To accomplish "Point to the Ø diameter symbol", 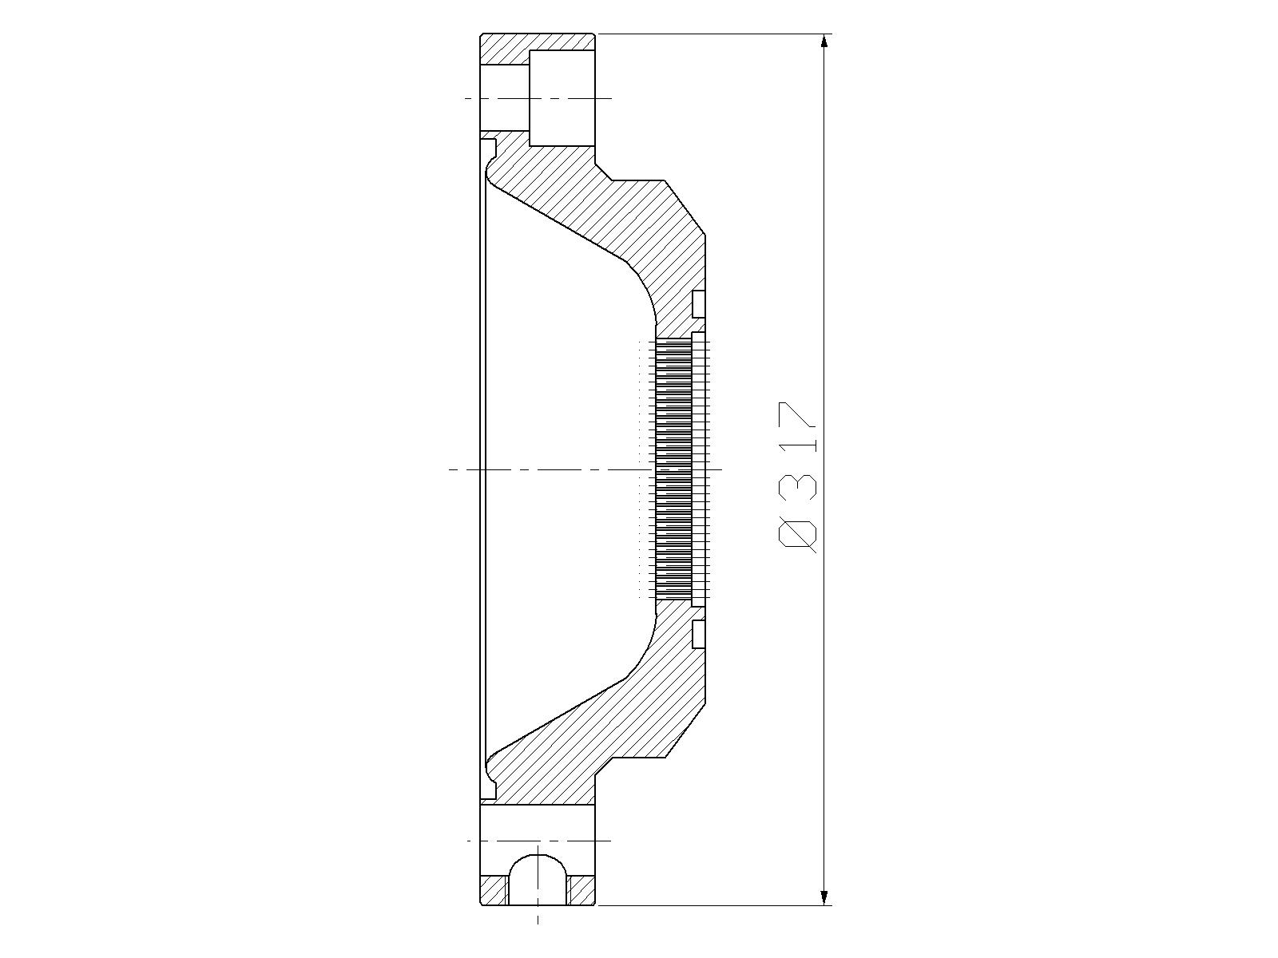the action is pyautogui.click(x=797, y=533).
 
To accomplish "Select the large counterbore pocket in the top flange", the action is pyautogui.click(x=562, y=97).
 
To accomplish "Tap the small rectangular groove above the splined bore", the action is pyautogui.click(x=699, y=303).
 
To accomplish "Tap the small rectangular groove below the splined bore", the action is pyautogui.click(x=699, y=634).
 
